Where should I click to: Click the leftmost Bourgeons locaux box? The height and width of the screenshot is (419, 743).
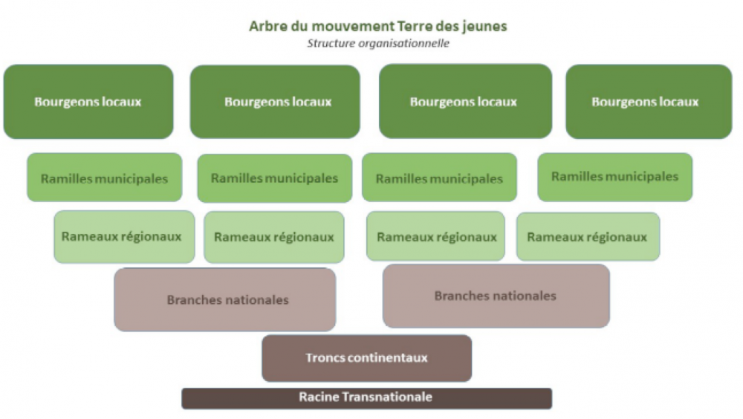88,102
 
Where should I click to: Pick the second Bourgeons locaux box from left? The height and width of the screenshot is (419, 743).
275,102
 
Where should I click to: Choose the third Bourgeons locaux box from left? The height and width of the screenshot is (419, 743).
465,102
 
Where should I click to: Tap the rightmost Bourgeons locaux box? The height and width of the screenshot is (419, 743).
649,102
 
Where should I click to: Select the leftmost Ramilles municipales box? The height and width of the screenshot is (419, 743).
104,178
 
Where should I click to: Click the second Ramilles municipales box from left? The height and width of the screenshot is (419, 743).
275,178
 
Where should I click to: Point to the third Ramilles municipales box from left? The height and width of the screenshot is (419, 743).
439,178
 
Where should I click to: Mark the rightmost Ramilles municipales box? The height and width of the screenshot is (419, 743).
614,177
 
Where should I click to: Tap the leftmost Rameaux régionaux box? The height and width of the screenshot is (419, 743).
124,236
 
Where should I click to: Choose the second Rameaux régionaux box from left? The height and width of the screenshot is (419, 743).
274,237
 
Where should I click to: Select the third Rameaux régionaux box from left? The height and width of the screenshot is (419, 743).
435,236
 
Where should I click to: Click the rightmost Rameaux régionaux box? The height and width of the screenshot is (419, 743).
588,236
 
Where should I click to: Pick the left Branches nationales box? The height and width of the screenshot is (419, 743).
225,299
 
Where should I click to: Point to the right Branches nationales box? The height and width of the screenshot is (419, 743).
496,296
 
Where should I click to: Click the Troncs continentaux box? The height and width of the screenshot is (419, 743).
367,358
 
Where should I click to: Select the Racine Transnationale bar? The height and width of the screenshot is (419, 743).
367,398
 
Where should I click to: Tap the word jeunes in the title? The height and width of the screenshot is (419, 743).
487,27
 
